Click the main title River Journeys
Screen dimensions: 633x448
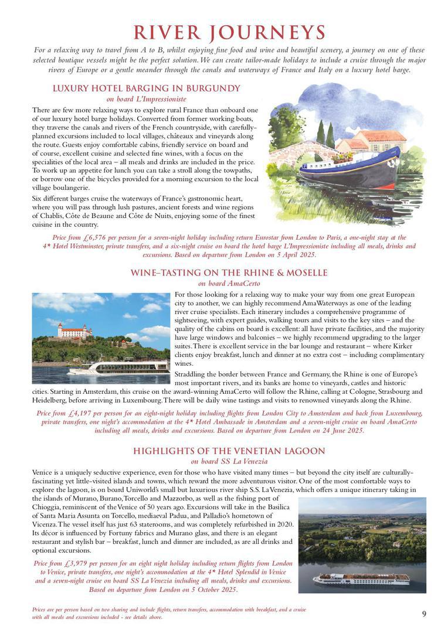pos(229,32)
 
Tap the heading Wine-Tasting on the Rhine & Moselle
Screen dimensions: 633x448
pos(229,273)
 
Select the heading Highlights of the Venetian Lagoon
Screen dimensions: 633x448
pos(229,451)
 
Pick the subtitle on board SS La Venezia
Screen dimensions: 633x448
pos(229,461)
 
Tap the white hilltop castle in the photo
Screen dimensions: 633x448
pos(74,331)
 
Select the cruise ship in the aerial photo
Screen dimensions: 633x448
pos(361,578)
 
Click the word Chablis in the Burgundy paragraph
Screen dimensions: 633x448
pos(53,216)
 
